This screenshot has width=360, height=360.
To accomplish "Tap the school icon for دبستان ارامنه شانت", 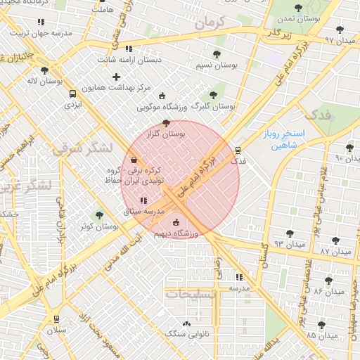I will [x=128, y=49].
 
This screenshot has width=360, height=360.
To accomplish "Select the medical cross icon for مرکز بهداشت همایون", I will [x=116, y=76].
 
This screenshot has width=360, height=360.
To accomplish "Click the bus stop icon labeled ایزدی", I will [x=72, y=94].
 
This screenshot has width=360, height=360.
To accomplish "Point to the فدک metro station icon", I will [x=238, y=150].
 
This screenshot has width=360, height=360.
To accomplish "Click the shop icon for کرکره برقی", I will [x=134, y=160].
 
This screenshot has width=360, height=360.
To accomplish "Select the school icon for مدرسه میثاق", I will [x=143, y=200].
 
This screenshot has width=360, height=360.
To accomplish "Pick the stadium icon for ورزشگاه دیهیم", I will [x=176, y=223].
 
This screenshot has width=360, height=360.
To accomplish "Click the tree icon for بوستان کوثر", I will [x=98, y=215].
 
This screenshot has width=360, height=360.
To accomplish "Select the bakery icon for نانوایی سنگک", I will [x=186, y=323].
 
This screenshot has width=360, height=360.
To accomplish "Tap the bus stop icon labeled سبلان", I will [x=57, y=319].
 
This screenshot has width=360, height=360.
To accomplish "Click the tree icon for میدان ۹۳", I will [x=289, y=233].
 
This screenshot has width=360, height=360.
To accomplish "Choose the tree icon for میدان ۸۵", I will [x=321, y=324].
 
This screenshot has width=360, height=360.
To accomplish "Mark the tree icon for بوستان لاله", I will [x=44, y=70].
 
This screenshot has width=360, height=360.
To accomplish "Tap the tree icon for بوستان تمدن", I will [x=298, y=8].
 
